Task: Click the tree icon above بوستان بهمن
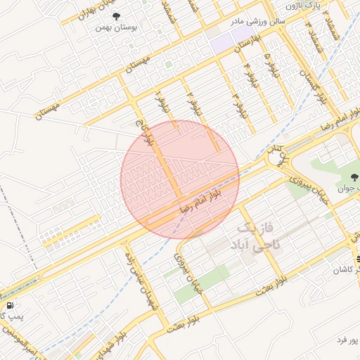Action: click(117, 17)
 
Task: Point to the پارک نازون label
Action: click(323, 6)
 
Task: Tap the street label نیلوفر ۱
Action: click(165, 101)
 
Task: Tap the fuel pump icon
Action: click(10, 306)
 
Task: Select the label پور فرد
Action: click(347, 340)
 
